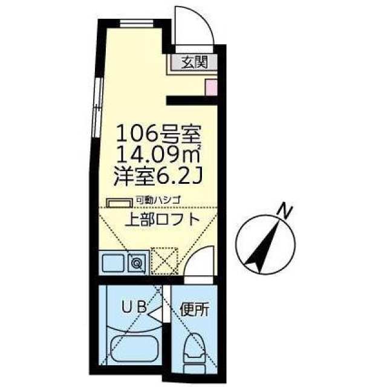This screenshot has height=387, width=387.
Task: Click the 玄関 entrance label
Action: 194,62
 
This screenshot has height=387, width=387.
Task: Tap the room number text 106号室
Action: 158,134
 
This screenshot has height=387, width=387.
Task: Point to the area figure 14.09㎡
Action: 158,155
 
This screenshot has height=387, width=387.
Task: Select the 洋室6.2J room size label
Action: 158,176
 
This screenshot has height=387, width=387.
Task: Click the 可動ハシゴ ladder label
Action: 158,200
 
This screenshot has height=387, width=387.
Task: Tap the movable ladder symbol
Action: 119,203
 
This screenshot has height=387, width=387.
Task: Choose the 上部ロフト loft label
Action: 162,220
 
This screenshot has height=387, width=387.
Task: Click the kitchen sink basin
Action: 113,263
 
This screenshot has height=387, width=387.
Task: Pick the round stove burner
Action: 136,264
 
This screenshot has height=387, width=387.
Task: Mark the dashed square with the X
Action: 164,261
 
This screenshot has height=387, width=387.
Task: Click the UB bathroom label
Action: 135,307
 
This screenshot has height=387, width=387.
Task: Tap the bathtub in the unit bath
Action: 134,349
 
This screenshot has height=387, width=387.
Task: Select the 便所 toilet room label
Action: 195,310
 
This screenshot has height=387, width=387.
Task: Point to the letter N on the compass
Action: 285,211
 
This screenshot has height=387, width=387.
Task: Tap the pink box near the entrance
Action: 211,87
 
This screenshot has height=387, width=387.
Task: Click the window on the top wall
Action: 137,24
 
